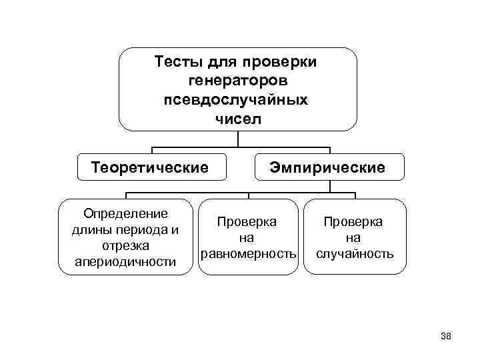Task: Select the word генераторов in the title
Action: [238, 81]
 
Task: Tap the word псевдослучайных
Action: [238, 101]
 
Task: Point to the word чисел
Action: [238, 120]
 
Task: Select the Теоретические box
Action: [150, 166]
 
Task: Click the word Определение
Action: [125, 214]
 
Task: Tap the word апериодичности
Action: [125, 262]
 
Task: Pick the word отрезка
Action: [125, 246]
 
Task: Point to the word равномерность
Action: [248, 254]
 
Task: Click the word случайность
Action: [355, 254]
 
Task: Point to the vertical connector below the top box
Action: [238, 138]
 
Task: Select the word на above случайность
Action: [355, 238]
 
